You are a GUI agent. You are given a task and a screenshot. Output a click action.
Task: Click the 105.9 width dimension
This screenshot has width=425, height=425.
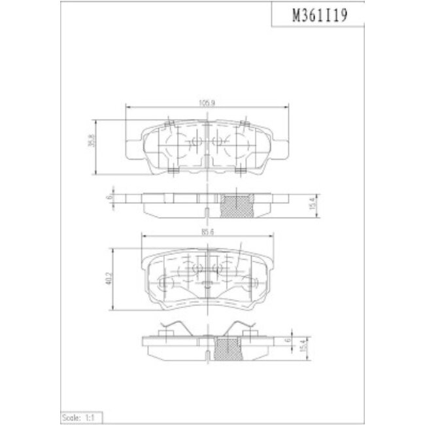pos(208,102)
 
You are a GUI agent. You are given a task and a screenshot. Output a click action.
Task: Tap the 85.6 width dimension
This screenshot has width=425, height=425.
pos(208,231)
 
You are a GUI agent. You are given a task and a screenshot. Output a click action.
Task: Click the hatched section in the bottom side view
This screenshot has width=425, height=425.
pos(229,350)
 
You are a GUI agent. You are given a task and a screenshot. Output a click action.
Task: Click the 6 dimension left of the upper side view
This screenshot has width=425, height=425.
pos(109,197)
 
